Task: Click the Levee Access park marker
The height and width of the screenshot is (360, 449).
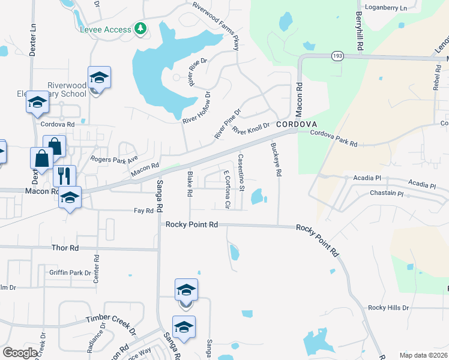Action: coord(140,29)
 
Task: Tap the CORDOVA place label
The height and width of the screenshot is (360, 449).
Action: coord(297,124)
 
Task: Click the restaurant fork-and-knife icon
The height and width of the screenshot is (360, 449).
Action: coord(64,176)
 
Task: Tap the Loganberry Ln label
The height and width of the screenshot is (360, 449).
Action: coord(386,8)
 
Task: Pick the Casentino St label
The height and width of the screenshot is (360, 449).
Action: coord(241,173)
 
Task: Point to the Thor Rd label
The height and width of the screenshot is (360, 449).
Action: coord(65,248)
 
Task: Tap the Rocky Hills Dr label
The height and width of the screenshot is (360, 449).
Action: coord(388,308)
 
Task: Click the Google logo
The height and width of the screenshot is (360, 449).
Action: coord(20,353)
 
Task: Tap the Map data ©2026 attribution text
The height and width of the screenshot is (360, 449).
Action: coord(423,355)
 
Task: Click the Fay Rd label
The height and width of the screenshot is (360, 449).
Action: coord(144,211)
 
